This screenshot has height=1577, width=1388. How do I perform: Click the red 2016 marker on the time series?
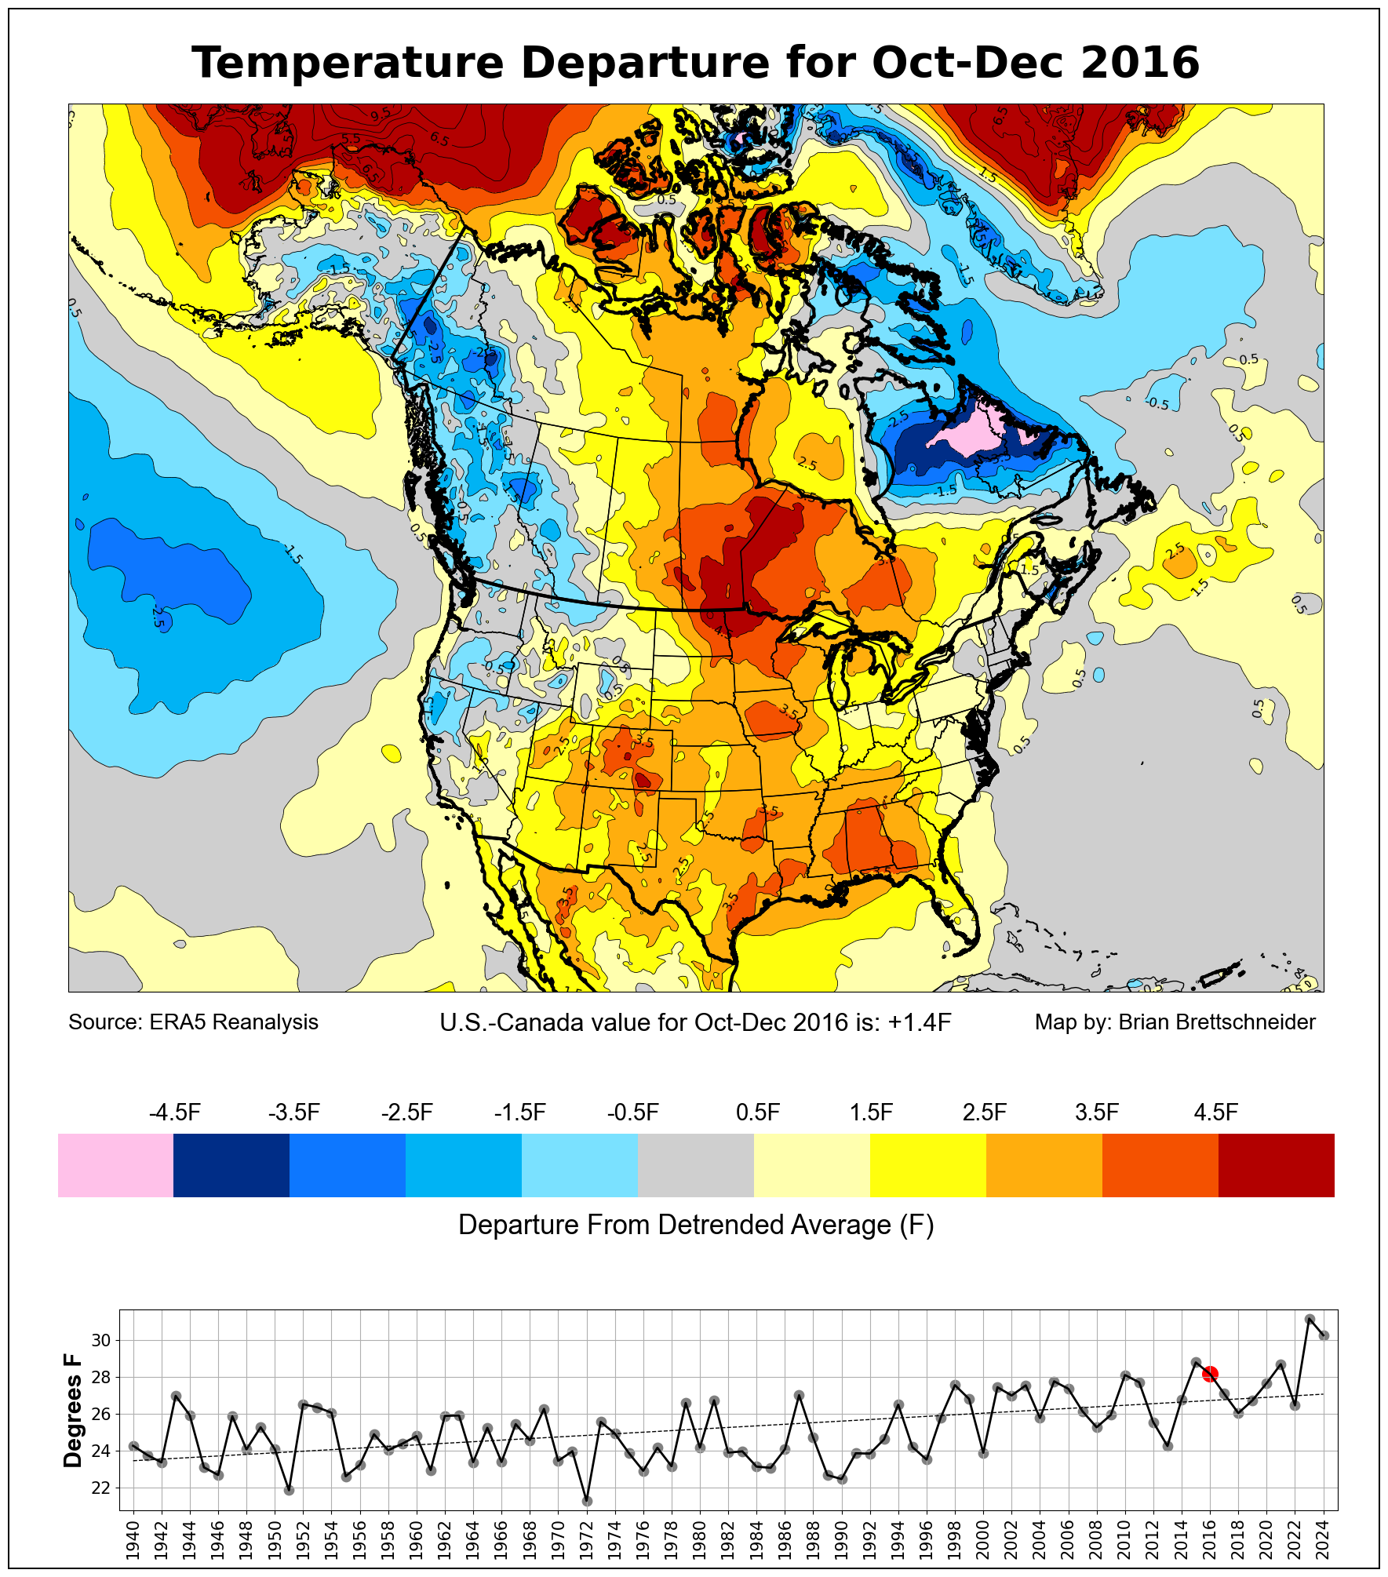click(x=1210, y=1374)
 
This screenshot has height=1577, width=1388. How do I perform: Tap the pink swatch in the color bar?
click(x=115, y=1165)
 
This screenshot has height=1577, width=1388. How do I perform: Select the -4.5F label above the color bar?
click(x=175, y=1113)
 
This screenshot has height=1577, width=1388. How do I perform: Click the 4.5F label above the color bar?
click(x=1215, y=1113)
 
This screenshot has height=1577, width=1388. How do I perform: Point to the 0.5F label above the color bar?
click(x=758, y=1113)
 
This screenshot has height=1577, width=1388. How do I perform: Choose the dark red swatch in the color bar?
click(x=1276, y=1165)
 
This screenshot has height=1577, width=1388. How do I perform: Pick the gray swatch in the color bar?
click(x=696, y=1165)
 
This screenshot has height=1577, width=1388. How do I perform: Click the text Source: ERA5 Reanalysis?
click(x=193, y=1022)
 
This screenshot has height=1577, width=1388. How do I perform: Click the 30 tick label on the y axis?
click(x=101, y=1340)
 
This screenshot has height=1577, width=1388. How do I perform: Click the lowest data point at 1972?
click(x=586, y=1501)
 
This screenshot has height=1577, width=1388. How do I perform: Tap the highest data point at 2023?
click(x=1310, y=1320)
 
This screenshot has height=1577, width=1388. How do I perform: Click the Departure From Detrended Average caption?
click(x=696, y=1225)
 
